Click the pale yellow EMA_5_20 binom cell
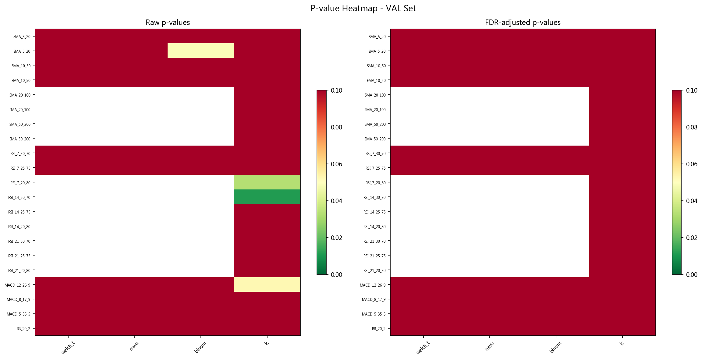pyautogui.click(x=200, y=51)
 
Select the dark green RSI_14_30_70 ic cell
pyautogui.click(x=267, y=197)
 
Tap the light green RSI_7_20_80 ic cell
pyautogui.click(x=267, y=182)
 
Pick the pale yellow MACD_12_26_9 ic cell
pyautogui.click(x=267, y=284)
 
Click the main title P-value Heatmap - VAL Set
pyautogui.click(x=363, y=8)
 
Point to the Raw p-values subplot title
pyautogui.click(x=168, y=23)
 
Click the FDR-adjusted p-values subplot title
pyautogui.click(x=523, y=23)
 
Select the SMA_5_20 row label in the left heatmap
pyautogui.click(x=22, y=37)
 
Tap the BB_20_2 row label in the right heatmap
pyautogui.click(x=378, y=329)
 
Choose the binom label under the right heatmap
pyautogui.click(x=556, y=347)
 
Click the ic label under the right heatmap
pyautogui.click(x=622, y=343)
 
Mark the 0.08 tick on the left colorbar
pyautogui.click(x=336, y=127)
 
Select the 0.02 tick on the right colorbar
pyautogui.click(x=692, y=238)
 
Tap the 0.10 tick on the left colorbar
pyautogui.click(x=336, y=90)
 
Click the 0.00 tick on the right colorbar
pyautogui.click(x=692, y=275)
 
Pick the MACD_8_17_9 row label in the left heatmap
pyautogui.click(x=18, y=299)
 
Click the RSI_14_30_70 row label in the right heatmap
pyautogui.click(x=374, y=197)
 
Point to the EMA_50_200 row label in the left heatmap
pyautogui.click(x=20, y=139)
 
